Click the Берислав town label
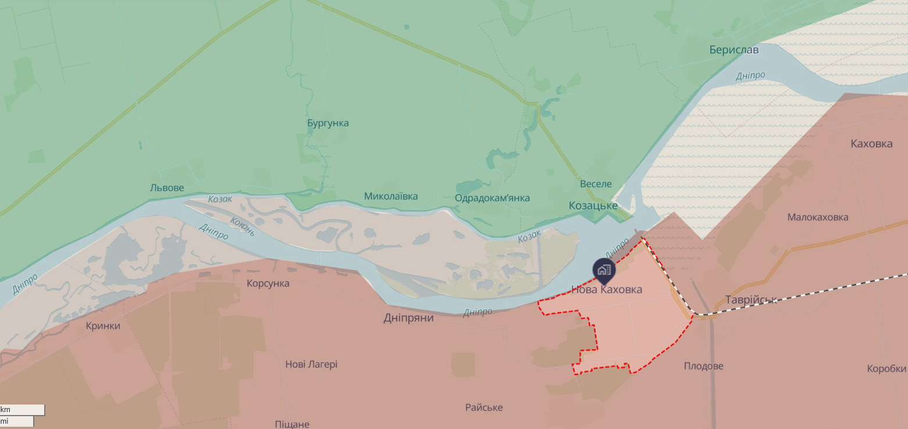(733, 50)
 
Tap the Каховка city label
(871, 144)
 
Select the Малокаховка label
(817, 217)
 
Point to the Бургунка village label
(328, 123)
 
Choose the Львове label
(167, 187)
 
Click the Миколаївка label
(391, 196)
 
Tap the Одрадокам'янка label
(492, 198)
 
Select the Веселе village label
(596, 184)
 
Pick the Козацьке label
(593, 205)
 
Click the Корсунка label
(268, 283)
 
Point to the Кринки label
(103, 325)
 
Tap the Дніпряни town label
(408, 318)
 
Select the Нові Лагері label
(311, 364)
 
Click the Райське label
(484, 407)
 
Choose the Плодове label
(703, 366)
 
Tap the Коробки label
(886, 368)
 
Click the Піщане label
(292, 424)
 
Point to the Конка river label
(242, 226)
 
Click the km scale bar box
(22, 410)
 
